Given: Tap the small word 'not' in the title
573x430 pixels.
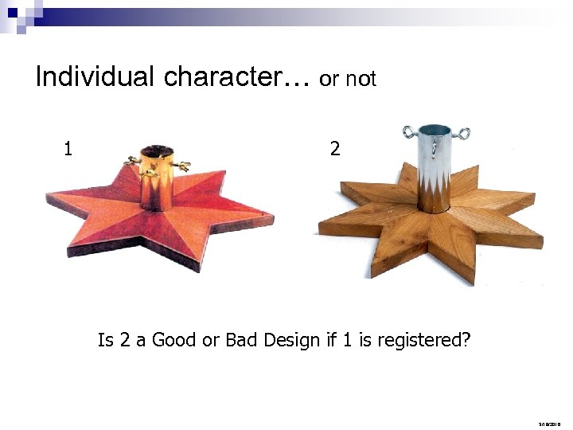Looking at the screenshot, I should coord(361,80).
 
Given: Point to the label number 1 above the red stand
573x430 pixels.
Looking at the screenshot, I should coord(68,148).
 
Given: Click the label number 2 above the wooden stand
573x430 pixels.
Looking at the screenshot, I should coord(335,148).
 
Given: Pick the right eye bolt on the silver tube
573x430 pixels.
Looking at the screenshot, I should coord(461,132).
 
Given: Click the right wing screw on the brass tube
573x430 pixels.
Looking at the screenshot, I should coord(182,166).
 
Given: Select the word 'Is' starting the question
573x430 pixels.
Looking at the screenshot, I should coord(105,341).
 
